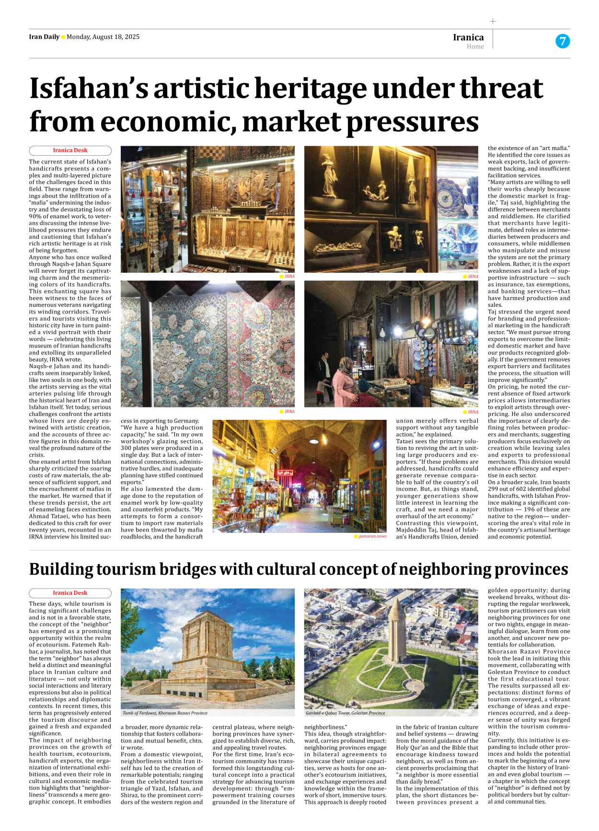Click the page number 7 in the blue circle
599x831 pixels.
click(x=563, y=41)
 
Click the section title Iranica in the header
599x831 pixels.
click(x=468, y=37)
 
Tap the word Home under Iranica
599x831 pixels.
click(x=475, y=46)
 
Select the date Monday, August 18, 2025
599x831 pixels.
click(x=103, y=37)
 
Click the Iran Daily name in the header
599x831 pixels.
click(x=44, y=37)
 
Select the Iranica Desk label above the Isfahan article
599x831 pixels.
click(x=70, y=150)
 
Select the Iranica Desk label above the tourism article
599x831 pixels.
click(x=70, y=593)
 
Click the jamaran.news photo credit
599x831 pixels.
click(x=372, y=536)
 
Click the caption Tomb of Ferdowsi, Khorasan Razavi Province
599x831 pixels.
click(x=165, y=713)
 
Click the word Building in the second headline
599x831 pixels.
click(x=61, y=569)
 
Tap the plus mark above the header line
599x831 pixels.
click(x=493, y=21)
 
